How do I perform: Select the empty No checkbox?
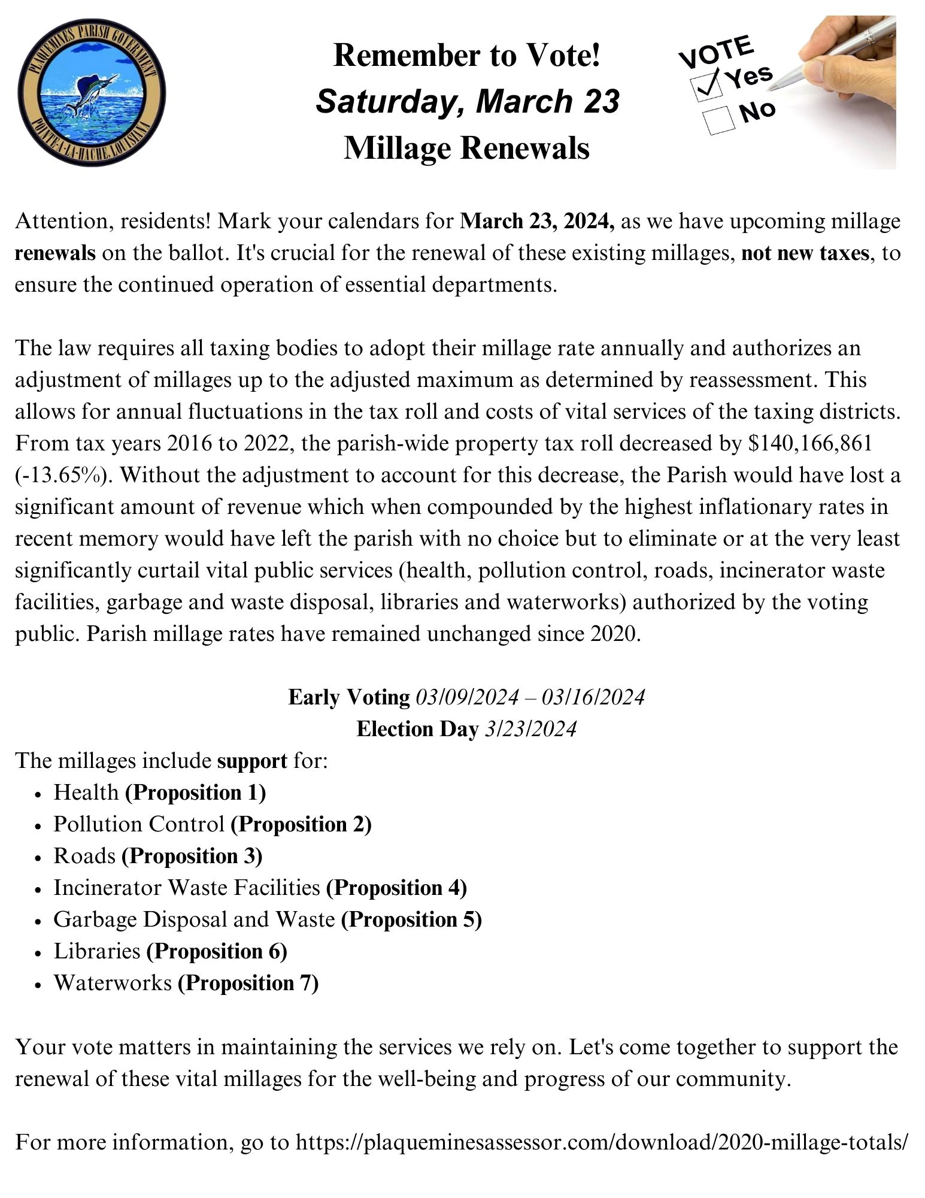[x=718, y=120]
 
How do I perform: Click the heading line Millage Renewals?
[x=466, y=148]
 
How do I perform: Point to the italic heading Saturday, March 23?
[x=467, y=101]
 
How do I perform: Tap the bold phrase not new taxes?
[x=805, y=253]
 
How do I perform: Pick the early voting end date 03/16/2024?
[x=593, y=697]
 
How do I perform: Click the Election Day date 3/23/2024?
[x=530, y=729]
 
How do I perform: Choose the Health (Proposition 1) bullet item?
[x=159, y=792]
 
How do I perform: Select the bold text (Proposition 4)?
[x=396, y=887]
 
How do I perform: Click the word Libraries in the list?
[x=96, y=951]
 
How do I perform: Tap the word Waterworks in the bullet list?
[x=113, y=982]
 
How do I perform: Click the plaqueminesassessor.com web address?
[x=602, y=1142]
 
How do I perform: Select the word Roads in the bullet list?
[x=84, y=856]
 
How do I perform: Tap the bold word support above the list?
[x=252, y=761]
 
